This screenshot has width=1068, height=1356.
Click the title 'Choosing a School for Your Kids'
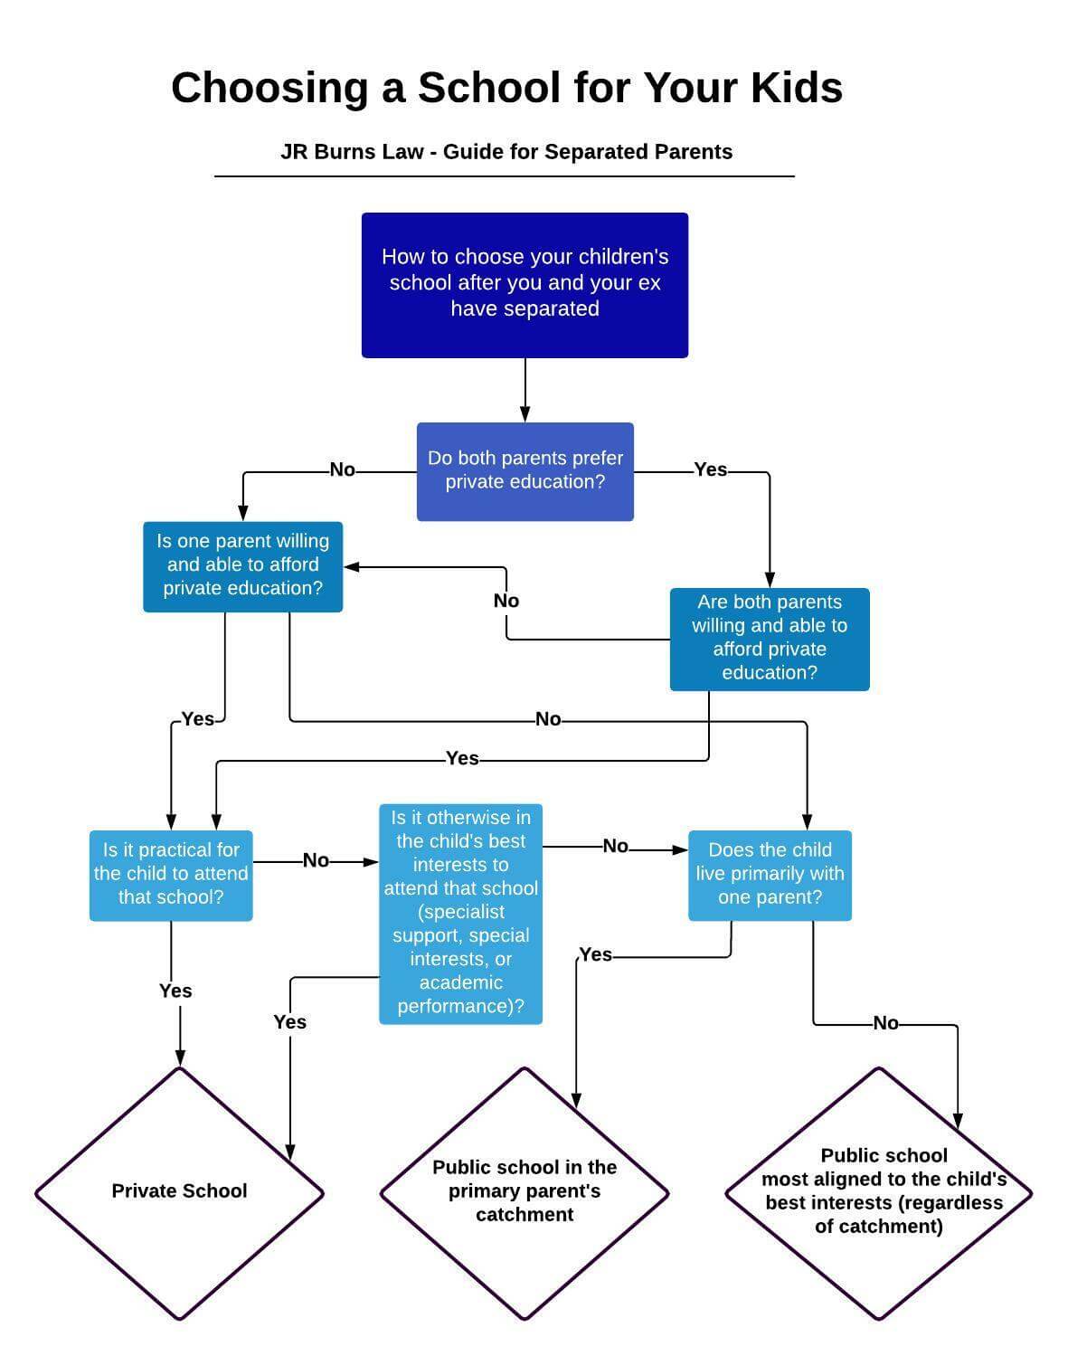[x=506, y=88]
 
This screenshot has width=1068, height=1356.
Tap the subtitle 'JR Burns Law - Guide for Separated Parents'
[x=506, y=152]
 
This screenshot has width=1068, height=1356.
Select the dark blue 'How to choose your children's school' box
[x=525, y=286]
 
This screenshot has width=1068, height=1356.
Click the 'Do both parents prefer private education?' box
[x=525, y=472]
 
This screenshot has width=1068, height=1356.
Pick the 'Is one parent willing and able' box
[x=242, y=567]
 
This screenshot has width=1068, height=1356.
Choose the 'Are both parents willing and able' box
[x=770, y=640]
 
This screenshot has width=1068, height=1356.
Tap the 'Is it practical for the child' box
[x=171, y=876]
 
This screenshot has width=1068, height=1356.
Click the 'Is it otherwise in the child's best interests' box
[x=460, y=915]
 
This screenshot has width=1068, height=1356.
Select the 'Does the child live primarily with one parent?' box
[x=770, y=876]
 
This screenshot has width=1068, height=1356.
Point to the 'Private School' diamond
[x=180, y=1193]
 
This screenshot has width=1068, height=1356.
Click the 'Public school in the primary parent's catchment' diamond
[x=525, y=1193]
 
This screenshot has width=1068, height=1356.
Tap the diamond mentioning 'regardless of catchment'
[x=879, y=1193]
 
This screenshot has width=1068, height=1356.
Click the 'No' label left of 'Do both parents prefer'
[x=342, y=470]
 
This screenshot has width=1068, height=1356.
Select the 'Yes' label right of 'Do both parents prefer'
[x=710, y=470]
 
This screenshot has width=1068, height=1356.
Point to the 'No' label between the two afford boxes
[x=506, y=602]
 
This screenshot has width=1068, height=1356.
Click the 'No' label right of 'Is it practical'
[x=316, y=861]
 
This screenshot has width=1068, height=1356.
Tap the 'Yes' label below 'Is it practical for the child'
[x=175, y=991]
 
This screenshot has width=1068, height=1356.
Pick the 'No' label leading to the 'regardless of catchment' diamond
[x=885, y=1023]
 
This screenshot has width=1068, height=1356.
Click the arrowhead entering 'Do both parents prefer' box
[x=525, y=414]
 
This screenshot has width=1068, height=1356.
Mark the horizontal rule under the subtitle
[x=504, y=176]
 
